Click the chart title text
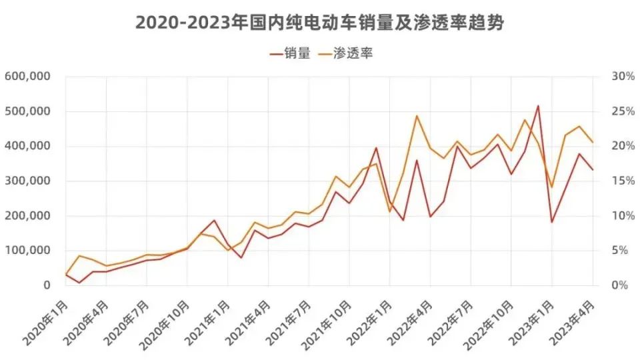tap(319, 23)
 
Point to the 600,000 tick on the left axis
tap(28, 77)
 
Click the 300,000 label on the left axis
tap(28, 181)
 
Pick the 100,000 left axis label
tap(28, 250)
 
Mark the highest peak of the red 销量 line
tap(538, 105)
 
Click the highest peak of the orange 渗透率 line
tap(417, 116)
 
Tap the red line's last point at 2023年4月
tap(593, 169)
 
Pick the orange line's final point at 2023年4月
tap(593, 142)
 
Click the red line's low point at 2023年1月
tap(552, 222)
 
